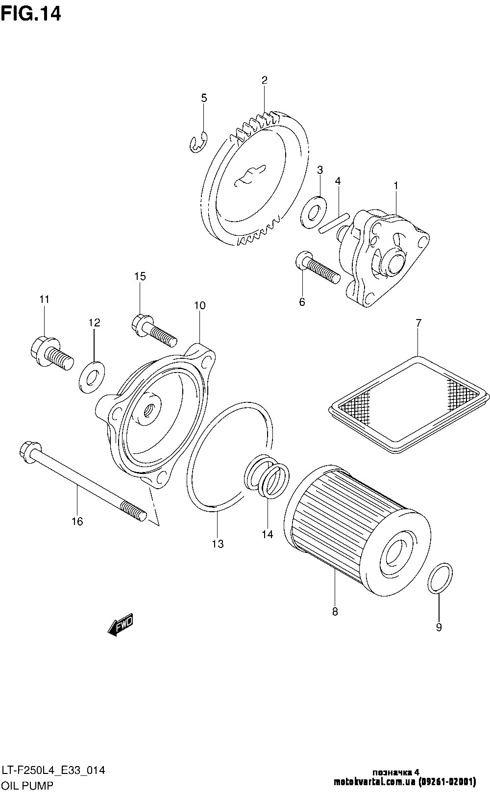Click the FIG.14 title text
pyautogui.click(x=31, y=14)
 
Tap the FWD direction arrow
pyautogui.click(x=121, y=624)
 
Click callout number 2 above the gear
pyautogui.click(x=264, y=80)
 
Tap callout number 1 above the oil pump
pyautogui.click(x=396, y=186)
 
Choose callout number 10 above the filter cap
pyautogui.click(x=199, y=305)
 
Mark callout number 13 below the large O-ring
pyautogui.click(x=218, y=543)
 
